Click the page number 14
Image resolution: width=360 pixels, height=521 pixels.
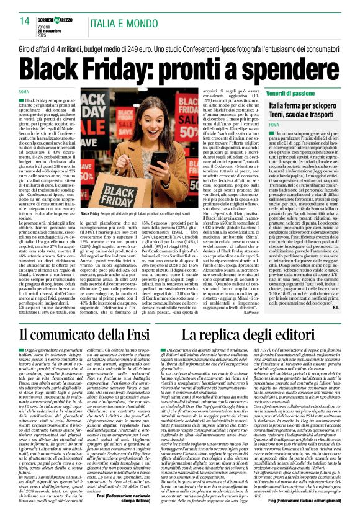pyautogui.click(x=25, y=22)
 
